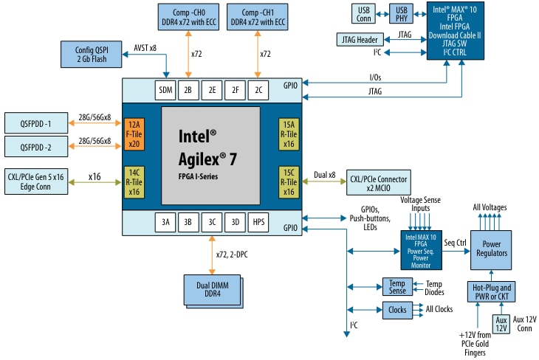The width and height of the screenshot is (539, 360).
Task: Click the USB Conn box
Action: tap(364, 13)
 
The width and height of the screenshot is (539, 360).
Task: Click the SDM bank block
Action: tap(165, 90)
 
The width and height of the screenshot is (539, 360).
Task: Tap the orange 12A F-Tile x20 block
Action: tap(133, 134)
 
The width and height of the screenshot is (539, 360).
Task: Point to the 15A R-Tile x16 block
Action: tap(289, 134)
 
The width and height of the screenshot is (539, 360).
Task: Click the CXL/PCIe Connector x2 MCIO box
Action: tap(379, 182)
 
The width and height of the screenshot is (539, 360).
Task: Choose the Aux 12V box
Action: tap(501, 323)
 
